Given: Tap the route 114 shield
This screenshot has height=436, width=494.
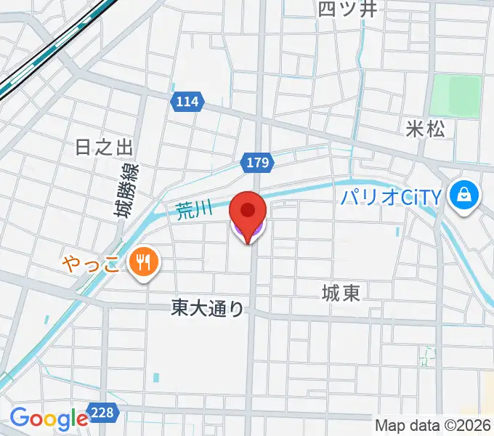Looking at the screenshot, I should tap(187, 102).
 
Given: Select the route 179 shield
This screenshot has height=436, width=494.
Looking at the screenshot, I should tap(259, 162).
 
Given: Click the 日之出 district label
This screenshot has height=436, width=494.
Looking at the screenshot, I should tap(105, 148).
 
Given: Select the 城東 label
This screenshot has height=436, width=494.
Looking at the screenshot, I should tap(341, 293).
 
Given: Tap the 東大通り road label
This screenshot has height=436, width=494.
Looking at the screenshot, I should tap(208, 308).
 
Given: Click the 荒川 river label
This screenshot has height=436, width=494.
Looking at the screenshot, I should tap(194, 210).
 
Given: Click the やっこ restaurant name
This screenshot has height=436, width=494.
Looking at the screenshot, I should tap(91, 262).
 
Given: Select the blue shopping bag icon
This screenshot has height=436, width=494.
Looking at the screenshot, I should tap(461, 195).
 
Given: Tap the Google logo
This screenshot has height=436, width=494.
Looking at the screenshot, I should tap(48, 419).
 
